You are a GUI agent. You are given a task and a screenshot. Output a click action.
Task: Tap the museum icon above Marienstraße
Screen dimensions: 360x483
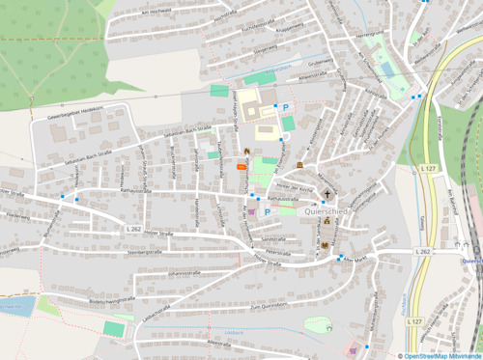299,166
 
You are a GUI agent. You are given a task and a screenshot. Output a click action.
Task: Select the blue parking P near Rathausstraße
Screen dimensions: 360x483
268,209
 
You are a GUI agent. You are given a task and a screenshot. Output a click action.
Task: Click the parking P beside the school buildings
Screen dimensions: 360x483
286,106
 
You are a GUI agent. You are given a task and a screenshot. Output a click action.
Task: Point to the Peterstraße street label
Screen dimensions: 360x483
279,249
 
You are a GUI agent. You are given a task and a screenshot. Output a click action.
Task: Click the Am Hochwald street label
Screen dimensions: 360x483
156,12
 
